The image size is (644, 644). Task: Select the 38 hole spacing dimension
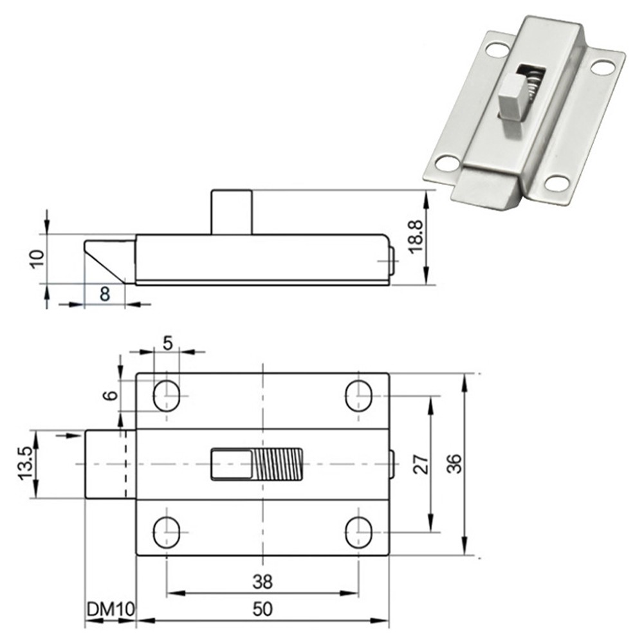point(262,582)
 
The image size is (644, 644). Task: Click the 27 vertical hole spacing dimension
point(420,465)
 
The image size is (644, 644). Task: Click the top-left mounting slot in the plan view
point(167,396)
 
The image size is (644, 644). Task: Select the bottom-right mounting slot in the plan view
point(358,532)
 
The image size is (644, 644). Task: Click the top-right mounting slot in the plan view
point(358,396)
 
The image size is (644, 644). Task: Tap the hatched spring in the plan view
point(278,465)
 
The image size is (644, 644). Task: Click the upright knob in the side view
point(231,212)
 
